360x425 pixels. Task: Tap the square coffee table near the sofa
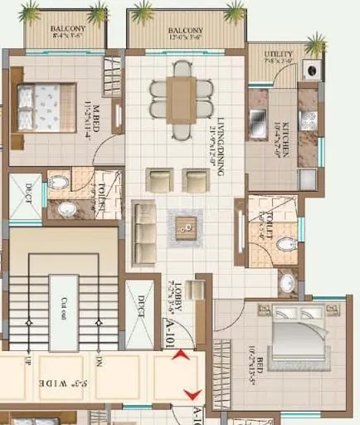click(x=187, y=222)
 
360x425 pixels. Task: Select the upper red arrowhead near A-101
click(x=179, y=357)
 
